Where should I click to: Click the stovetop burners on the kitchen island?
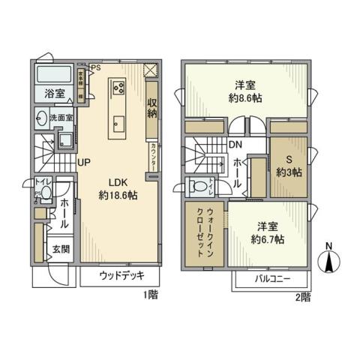click(x=119, y=87)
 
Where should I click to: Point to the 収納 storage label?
click(x=152, y=108)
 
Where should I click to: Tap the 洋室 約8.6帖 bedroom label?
click(x=245, y=90)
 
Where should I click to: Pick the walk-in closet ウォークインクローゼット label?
click(x=203, y=233)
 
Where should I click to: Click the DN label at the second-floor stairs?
click(x=235, y=145)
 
